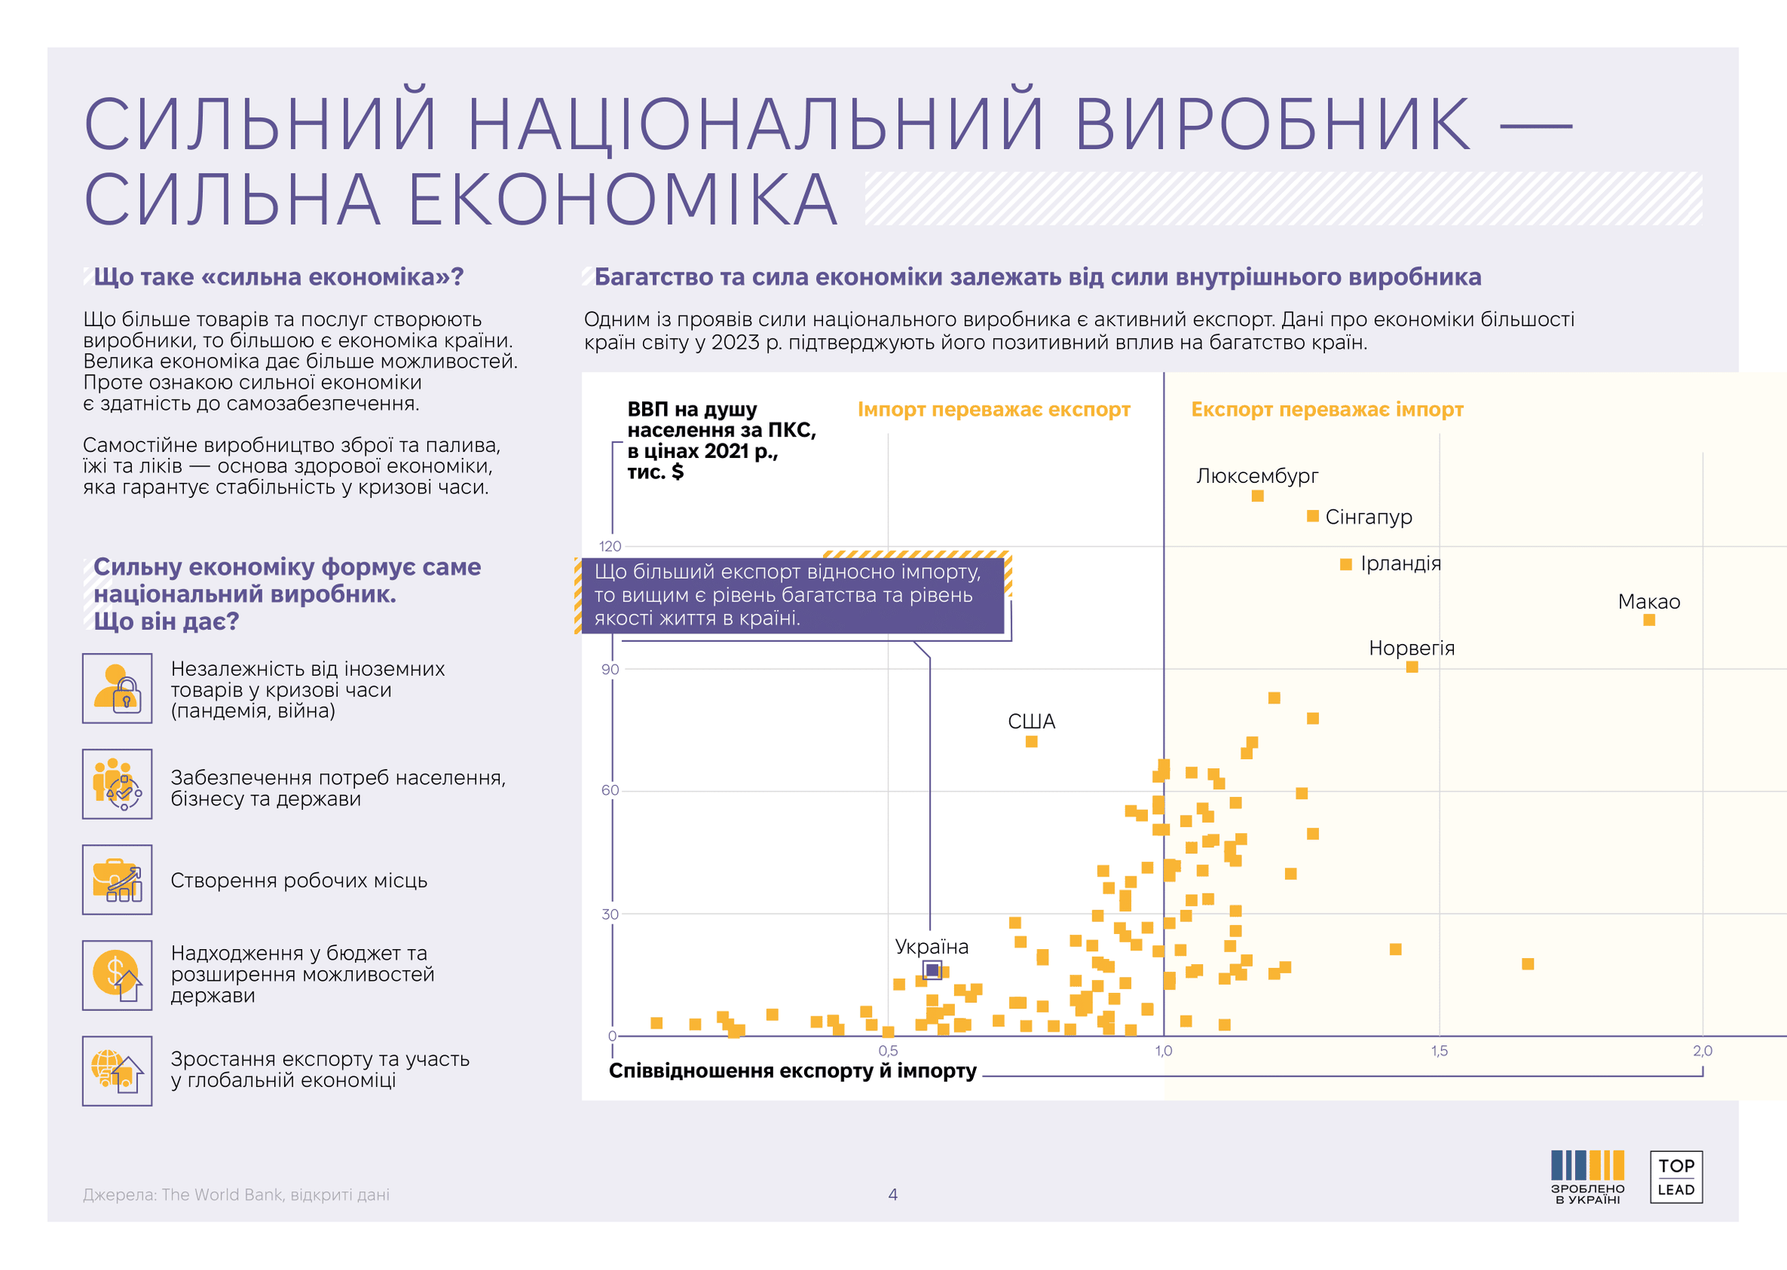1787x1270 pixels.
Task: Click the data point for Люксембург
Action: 1257,496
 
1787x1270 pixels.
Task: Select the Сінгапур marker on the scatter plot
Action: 1313,516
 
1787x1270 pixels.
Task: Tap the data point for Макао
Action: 1649,620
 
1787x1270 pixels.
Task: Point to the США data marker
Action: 1031,742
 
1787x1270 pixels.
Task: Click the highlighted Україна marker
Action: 932,970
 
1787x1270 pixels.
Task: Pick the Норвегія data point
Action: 1412,667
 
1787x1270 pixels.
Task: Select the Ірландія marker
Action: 1346,565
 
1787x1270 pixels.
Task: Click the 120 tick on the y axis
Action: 610,546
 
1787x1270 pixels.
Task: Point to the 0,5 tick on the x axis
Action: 888,1051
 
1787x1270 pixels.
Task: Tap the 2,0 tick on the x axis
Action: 1702,1051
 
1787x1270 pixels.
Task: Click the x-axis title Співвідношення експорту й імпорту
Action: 792,1071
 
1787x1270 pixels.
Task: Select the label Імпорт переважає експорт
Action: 993,409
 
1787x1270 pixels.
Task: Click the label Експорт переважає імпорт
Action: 1327,409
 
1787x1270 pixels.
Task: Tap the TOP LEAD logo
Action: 1676,1177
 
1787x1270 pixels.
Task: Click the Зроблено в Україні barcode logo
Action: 1588,1176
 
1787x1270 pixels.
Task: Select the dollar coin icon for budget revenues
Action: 117,975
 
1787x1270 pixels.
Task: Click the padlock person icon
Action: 117,688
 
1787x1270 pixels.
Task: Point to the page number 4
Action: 893,1194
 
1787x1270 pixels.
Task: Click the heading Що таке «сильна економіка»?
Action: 278,277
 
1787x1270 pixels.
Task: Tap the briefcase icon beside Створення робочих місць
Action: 117,879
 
